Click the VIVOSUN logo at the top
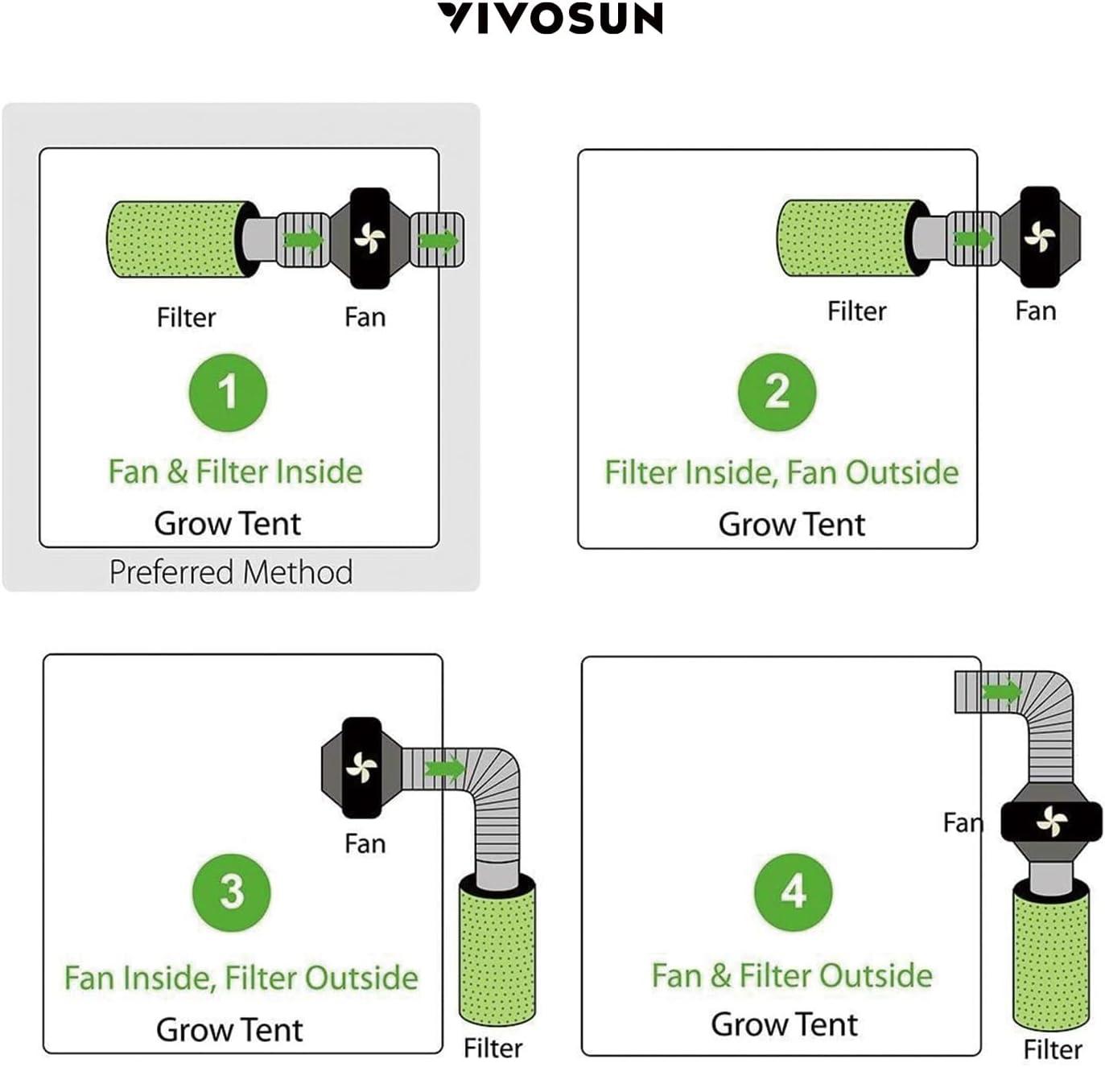click(551, 19)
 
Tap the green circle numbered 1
click(228, 393)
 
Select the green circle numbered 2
click(777, 392)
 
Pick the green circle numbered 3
click(231, 892)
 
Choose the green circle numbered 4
click(793, 892)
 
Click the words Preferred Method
click(231, 572)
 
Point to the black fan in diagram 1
click(370, 239)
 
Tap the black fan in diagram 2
click(1039, 237)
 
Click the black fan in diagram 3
click(361, 768)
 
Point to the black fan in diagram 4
click(1051, 822)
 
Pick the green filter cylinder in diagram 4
click(1051, 958)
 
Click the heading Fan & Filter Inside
click(235, 472)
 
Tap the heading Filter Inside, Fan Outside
click(781, 472)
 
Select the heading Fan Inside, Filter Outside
click(241, 978)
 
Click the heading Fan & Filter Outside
click(792, 975)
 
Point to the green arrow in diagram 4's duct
click(1000, 690)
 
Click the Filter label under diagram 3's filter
click(493, 1048)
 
